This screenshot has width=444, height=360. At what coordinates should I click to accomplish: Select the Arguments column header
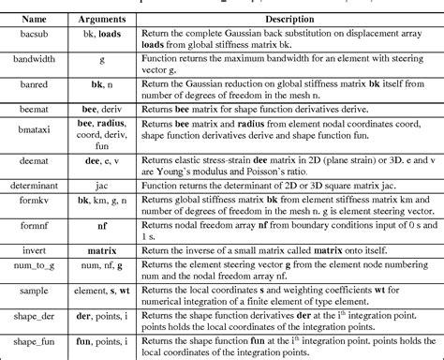pyautogui.click(x=102, y=18)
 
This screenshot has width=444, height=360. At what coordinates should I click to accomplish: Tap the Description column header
pyautogui.click(x=287, y=18)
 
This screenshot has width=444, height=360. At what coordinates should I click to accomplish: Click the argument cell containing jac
pyautogui.click(x=102, y=186)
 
